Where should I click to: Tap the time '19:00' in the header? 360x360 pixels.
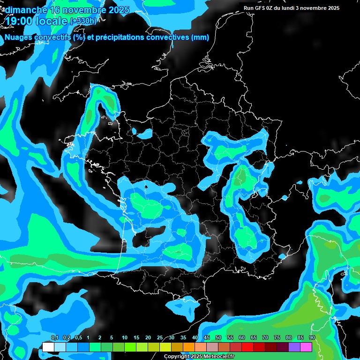tap(20, 21)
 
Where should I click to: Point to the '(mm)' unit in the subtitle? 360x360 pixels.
tap(200, 37)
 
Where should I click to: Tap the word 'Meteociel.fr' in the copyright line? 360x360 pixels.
tap(217, 357)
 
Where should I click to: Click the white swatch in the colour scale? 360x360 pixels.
tap(48, 347)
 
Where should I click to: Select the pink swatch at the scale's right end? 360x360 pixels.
tap(306, 347)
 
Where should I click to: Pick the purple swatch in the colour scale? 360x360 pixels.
tap(294, 347)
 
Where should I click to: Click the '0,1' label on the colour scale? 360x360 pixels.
tap(54, 338)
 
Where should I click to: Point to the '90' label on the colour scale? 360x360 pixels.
tap(312, 338)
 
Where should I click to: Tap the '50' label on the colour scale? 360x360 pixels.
tap(218, 338)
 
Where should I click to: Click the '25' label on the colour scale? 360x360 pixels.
tap(160, 338)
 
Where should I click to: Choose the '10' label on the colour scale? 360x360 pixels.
tap(125, 338)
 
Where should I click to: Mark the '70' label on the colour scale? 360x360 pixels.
tap(265, 338)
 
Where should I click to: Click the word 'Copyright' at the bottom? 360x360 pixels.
tap(177, 357)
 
